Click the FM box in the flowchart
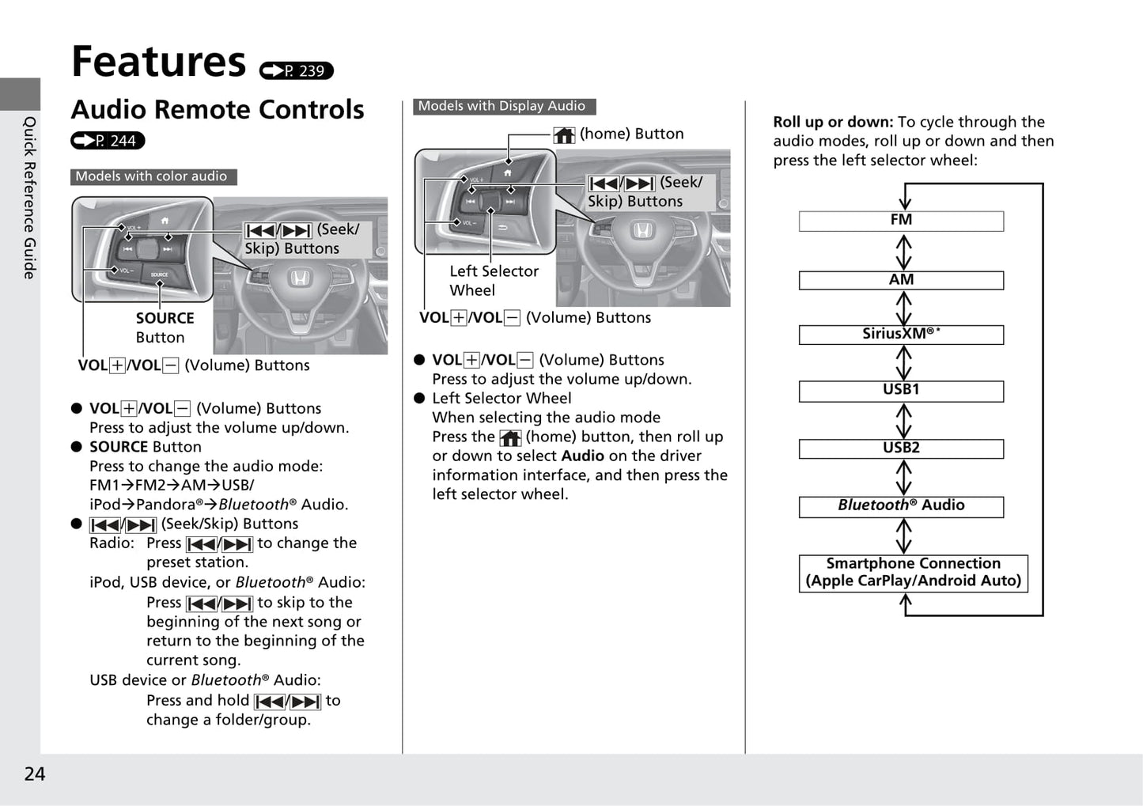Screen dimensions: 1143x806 (901, 221)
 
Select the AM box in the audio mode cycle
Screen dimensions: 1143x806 (901, 280)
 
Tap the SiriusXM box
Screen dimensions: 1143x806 (901, 335)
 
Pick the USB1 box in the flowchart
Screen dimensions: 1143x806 (901, 392)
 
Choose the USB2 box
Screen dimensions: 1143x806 (901, 449)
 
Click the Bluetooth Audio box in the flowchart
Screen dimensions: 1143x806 (901, 507)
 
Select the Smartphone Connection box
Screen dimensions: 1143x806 (914, 573)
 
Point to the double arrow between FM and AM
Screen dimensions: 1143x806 (903, 252)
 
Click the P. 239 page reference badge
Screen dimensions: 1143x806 (297, 70)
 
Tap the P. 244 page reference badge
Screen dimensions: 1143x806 (108, 140)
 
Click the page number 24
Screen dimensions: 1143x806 (35, 774)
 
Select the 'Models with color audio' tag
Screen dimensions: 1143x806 (153, 176)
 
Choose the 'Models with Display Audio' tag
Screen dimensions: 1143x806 (504, 106)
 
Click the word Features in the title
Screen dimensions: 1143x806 (159, 62)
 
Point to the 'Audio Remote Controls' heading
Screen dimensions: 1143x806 (218, 109)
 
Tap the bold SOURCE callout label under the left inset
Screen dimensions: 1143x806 (165, 318)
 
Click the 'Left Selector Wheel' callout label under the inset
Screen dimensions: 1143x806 (494, 281)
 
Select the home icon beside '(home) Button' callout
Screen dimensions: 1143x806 (564, 135)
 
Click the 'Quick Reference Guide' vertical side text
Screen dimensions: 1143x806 (29, 198)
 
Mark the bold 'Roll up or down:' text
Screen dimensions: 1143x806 (833, 122)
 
